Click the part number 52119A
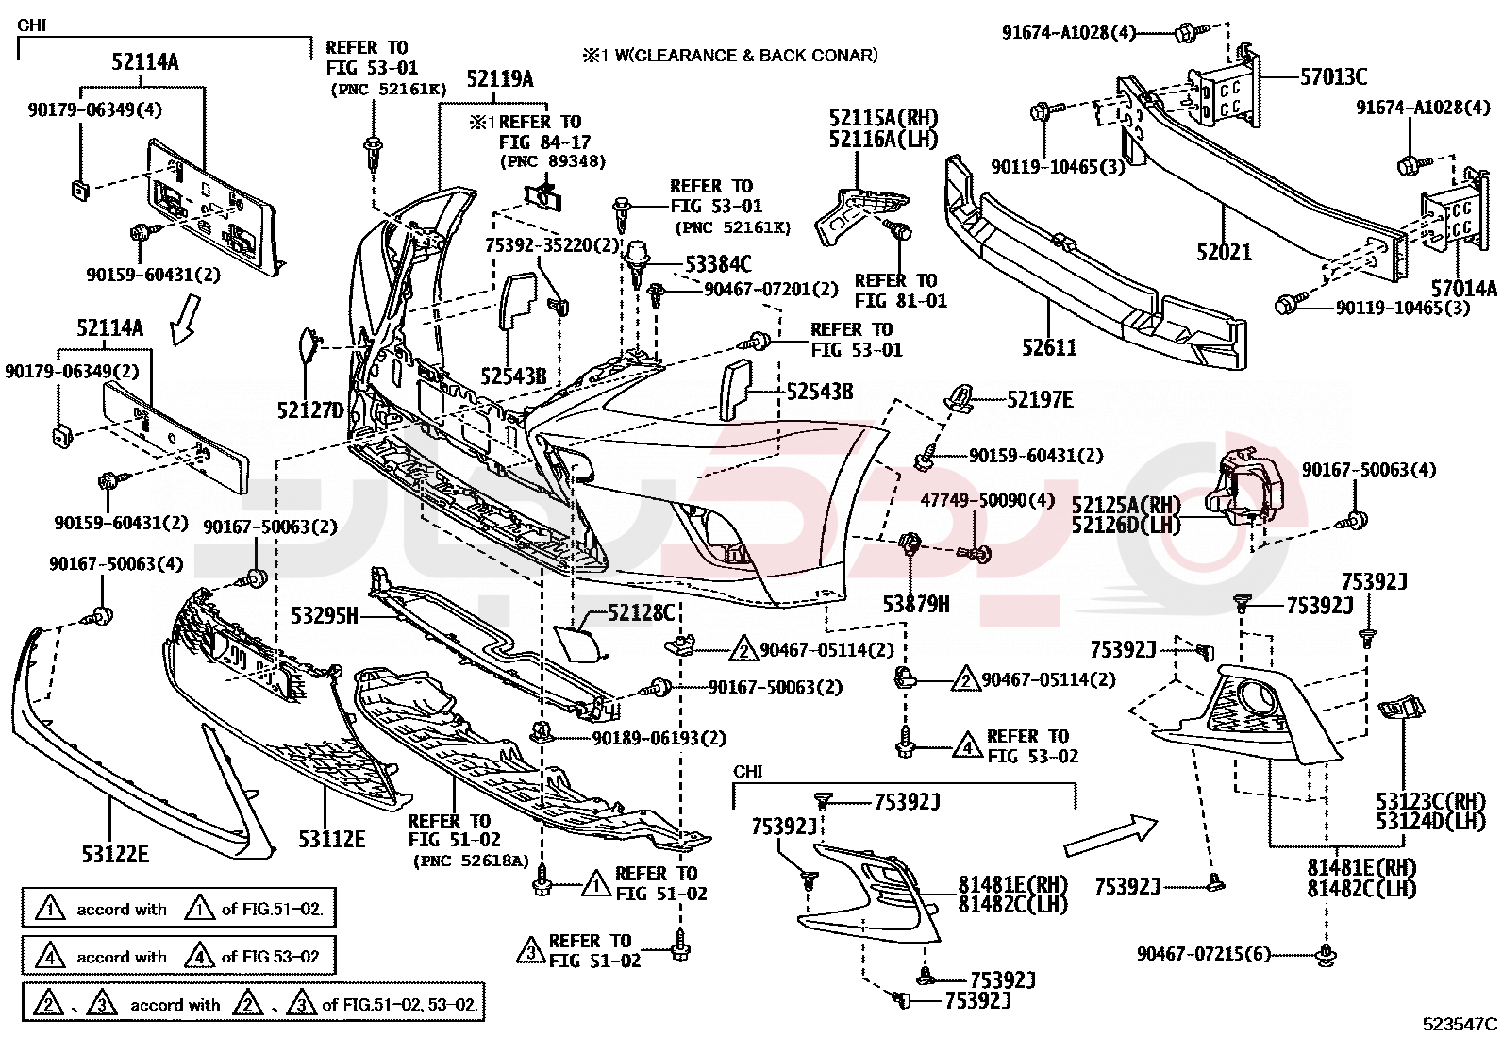coord(499,79)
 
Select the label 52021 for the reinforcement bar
coord(1224,252)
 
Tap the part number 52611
coord(1049,348)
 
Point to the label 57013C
coord(1333,77)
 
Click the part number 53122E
coord(115,854)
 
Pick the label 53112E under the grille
coord(331,838)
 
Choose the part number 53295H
coord(325,616)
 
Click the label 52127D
coord(310,410)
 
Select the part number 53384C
coord(718,264)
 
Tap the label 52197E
coord(1040,400)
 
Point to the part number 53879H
coord(916,604)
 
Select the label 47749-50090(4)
coord(987,500)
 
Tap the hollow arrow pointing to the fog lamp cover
coord(1110,836)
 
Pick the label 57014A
coord(1463,289)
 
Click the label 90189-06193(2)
coord(659,738)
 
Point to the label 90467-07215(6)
coord(1204,954)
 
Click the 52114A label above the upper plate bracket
coord(144,62)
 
